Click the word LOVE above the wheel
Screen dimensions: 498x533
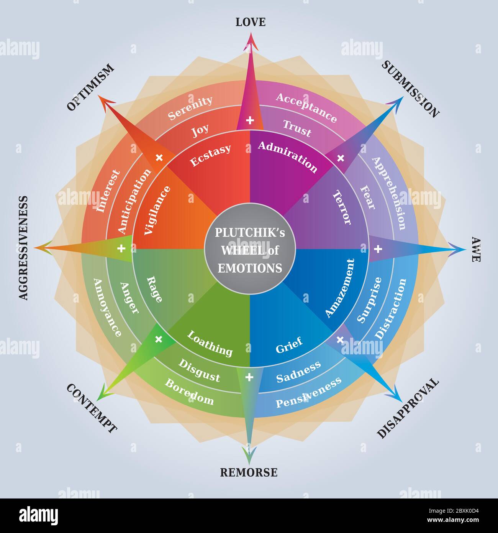pos(250,22)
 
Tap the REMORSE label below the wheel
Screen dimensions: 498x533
pos(249,472)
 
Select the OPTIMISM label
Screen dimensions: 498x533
pos(91,87)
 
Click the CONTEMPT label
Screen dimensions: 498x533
pos(92,409)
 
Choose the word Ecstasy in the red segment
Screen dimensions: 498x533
pos(210,155)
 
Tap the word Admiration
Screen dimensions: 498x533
pos(288,156)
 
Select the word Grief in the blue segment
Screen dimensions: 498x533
pos(289,344)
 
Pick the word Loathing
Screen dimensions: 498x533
pos(210,343)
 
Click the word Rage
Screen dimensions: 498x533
pos(155,289)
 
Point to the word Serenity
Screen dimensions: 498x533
pos(190,109)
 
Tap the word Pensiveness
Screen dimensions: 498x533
pos(308,392)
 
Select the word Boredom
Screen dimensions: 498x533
pos(189,392)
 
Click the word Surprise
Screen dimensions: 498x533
pos(370,300)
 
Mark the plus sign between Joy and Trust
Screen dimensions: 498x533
pos(250,121)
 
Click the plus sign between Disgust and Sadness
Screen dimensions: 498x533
pos(249,378)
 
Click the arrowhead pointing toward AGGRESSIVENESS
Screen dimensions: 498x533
pos(42,248)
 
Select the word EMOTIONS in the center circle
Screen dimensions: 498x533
pos(250,267)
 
